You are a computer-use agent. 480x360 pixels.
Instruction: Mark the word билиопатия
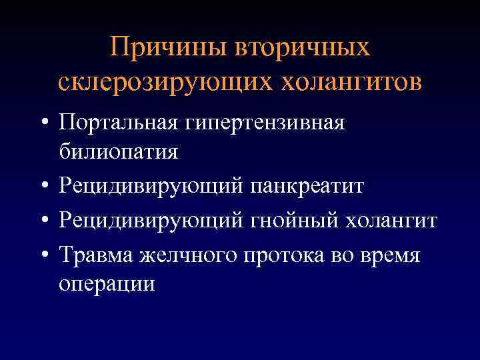(118, 151)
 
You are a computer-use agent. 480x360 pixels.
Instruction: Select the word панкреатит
(307, 186)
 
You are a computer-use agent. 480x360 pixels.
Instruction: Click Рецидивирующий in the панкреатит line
(151, 186)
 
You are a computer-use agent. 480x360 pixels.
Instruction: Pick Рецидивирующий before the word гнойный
(151, 221)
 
